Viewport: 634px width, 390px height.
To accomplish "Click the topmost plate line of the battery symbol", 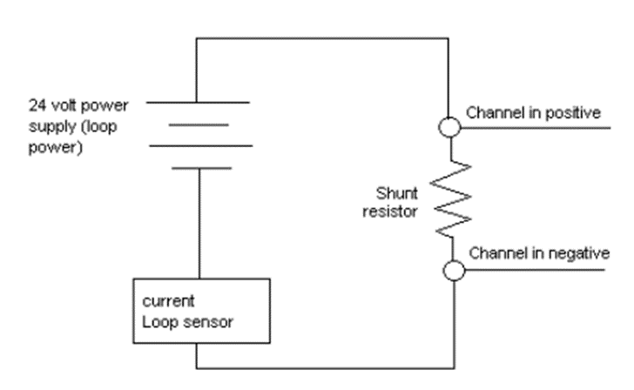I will [x=198, y=102].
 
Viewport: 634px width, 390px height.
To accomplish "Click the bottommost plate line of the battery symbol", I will [x=198, y=167].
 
